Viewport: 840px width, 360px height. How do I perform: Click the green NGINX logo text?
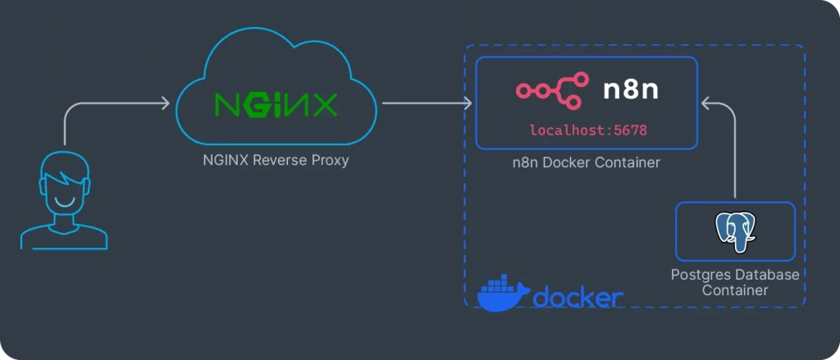point(275,105)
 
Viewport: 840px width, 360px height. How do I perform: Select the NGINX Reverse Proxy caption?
point(276,160)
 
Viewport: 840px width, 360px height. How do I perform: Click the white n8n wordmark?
point(631,90)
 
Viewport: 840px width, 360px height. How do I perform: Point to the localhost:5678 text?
point(594,130)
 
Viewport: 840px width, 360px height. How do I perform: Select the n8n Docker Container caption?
point(586,162)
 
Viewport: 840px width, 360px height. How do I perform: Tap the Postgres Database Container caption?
point(735,282)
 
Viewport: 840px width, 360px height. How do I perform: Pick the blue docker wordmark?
point(577,297)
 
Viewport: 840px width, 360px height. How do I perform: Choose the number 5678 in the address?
point(640,130)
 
